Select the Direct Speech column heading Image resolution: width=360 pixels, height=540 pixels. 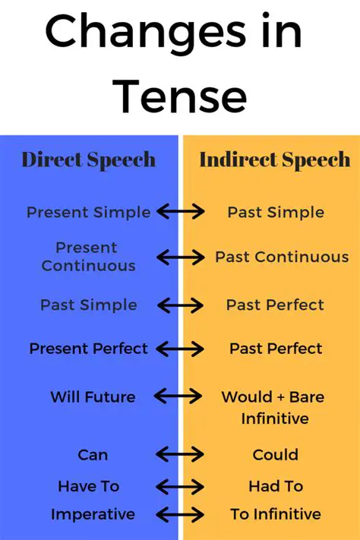(x=88, y=159)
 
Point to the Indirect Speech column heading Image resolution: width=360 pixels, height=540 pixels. (x=274, y=159)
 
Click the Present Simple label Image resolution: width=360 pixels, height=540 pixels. (x=88, y=213)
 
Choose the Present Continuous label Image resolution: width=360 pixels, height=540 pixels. (x=88, y=257)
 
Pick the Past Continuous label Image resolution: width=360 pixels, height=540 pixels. (x=282, y=257)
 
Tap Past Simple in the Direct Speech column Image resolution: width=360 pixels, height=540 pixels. (x=88, y=305)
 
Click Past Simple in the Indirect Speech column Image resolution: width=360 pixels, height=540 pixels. (x=275, y=213)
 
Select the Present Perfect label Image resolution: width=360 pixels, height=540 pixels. (x=88, y=349)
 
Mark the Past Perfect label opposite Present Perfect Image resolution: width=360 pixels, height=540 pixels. (x=276, y=349)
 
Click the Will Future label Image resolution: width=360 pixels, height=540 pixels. (x=93, y=396)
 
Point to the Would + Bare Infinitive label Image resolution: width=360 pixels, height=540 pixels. (x=275, y=407)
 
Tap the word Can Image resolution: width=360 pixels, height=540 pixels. (x=93, y=455)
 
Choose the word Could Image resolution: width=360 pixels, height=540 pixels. (x=275, y=455)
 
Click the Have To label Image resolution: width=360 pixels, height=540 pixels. (x=89, y=487)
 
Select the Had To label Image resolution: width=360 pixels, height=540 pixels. (x=275, y=487)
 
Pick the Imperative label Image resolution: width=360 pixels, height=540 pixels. (x=93, y=515)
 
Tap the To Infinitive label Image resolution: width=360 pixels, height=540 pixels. (x=275, y=515)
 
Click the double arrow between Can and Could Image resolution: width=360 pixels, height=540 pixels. (x=179, y=455)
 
